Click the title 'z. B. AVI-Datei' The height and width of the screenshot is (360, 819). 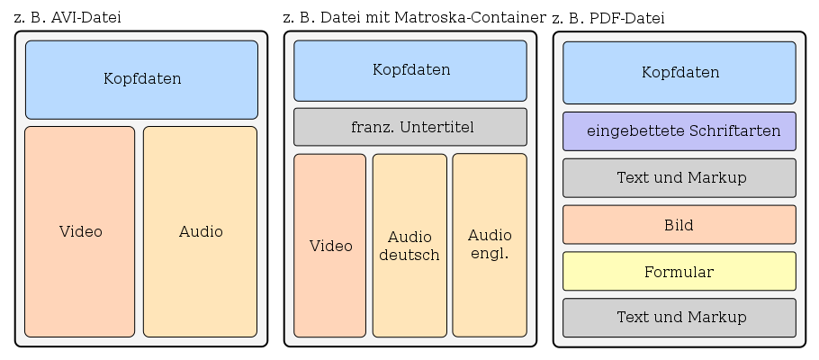tap(68, 18)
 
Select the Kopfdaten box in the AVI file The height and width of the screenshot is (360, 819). tap(141, 79)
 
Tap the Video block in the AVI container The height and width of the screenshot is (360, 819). tap(80, 231)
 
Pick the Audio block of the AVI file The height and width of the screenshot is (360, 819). tap(200, 231)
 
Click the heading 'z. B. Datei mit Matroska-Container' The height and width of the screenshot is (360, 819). tap(413, 17)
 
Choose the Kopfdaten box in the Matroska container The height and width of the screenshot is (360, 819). tap(410, 70)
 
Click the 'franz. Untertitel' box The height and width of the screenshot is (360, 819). tap(410, 127)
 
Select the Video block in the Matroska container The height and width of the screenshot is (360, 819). tap(330, 246)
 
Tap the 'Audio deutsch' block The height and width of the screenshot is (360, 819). tap(409, 246)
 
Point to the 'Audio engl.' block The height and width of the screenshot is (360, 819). tap(490, 245)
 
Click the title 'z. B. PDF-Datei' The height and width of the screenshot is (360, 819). tap(608, 18)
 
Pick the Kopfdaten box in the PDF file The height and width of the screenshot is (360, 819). tap(679, 73)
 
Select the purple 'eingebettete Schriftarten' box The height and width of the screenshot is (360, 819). tap(679, 131)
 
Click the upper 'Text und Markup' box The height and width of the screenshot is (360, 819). tap(679, 178)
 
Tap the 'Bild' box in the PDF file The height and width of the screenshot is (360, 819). tap(679, 225)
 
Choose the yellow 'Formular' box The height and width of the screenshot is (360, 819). tap(679, 272)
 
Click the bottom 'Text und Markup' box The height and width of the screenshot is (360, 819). tap(679, 318)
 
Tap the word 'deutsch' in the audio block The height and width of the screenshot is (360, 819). tap(409, 255)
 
